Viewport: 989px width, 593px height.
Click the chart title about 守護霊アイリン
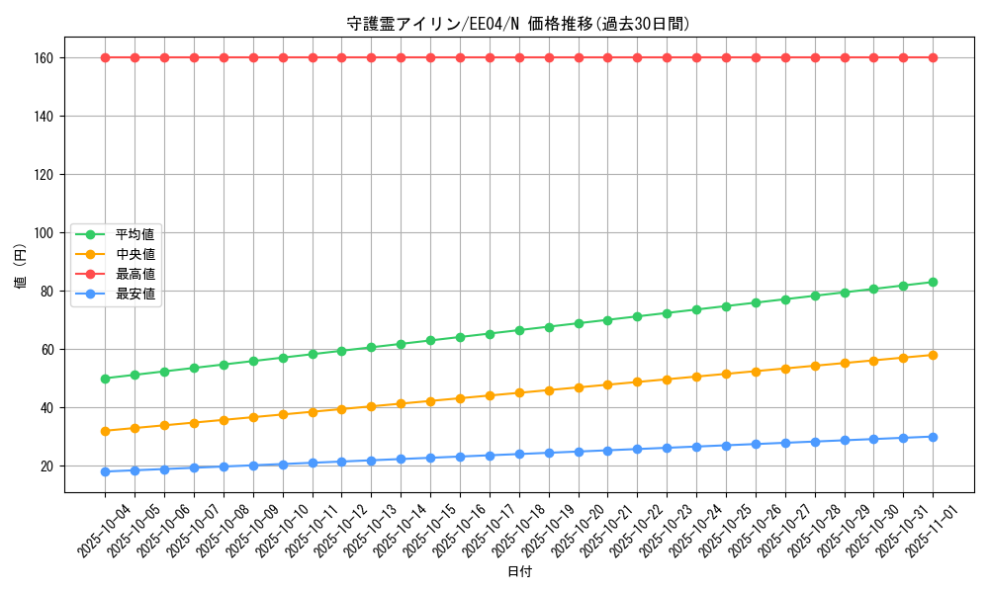click(x=518, y=24)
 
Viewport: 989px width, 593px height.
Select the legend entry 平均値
click(x=135, y=234)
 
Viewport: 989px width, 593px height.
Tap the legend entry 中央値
click(x=135, y=254)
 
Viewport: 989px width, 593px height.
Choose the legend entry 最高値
click(x=135, y=274)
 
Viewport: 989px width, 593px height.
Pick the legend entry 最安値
click(x=135, y=294)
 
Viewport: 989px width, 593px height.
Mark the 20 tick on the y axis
click(x=50, y=466)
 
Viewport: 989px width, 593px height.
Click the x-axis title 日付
click(x=519, y=572)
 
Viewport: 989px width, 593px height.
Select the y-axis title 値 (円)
click(x=21, y=269)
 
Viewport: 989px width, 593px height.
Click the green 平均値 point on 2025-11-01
click(x=933, y=282)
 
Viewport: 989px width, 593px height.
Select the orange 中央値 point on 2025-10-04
click(x=105, y=431)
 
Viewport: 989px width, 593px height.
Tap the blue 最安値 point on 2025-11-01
click(x=933, y=437)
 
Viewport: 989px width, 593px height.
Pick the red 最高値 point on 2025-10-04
click(x=105, y=57)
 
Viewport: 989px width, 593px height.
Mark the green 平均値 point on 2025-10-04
click(x=105, y=379)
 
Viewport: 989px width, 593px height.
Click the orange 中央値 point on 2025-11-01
click(x=933, y=355)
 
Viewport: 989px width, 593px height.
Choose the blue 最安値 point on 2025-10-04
click(x=105, y=471)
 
